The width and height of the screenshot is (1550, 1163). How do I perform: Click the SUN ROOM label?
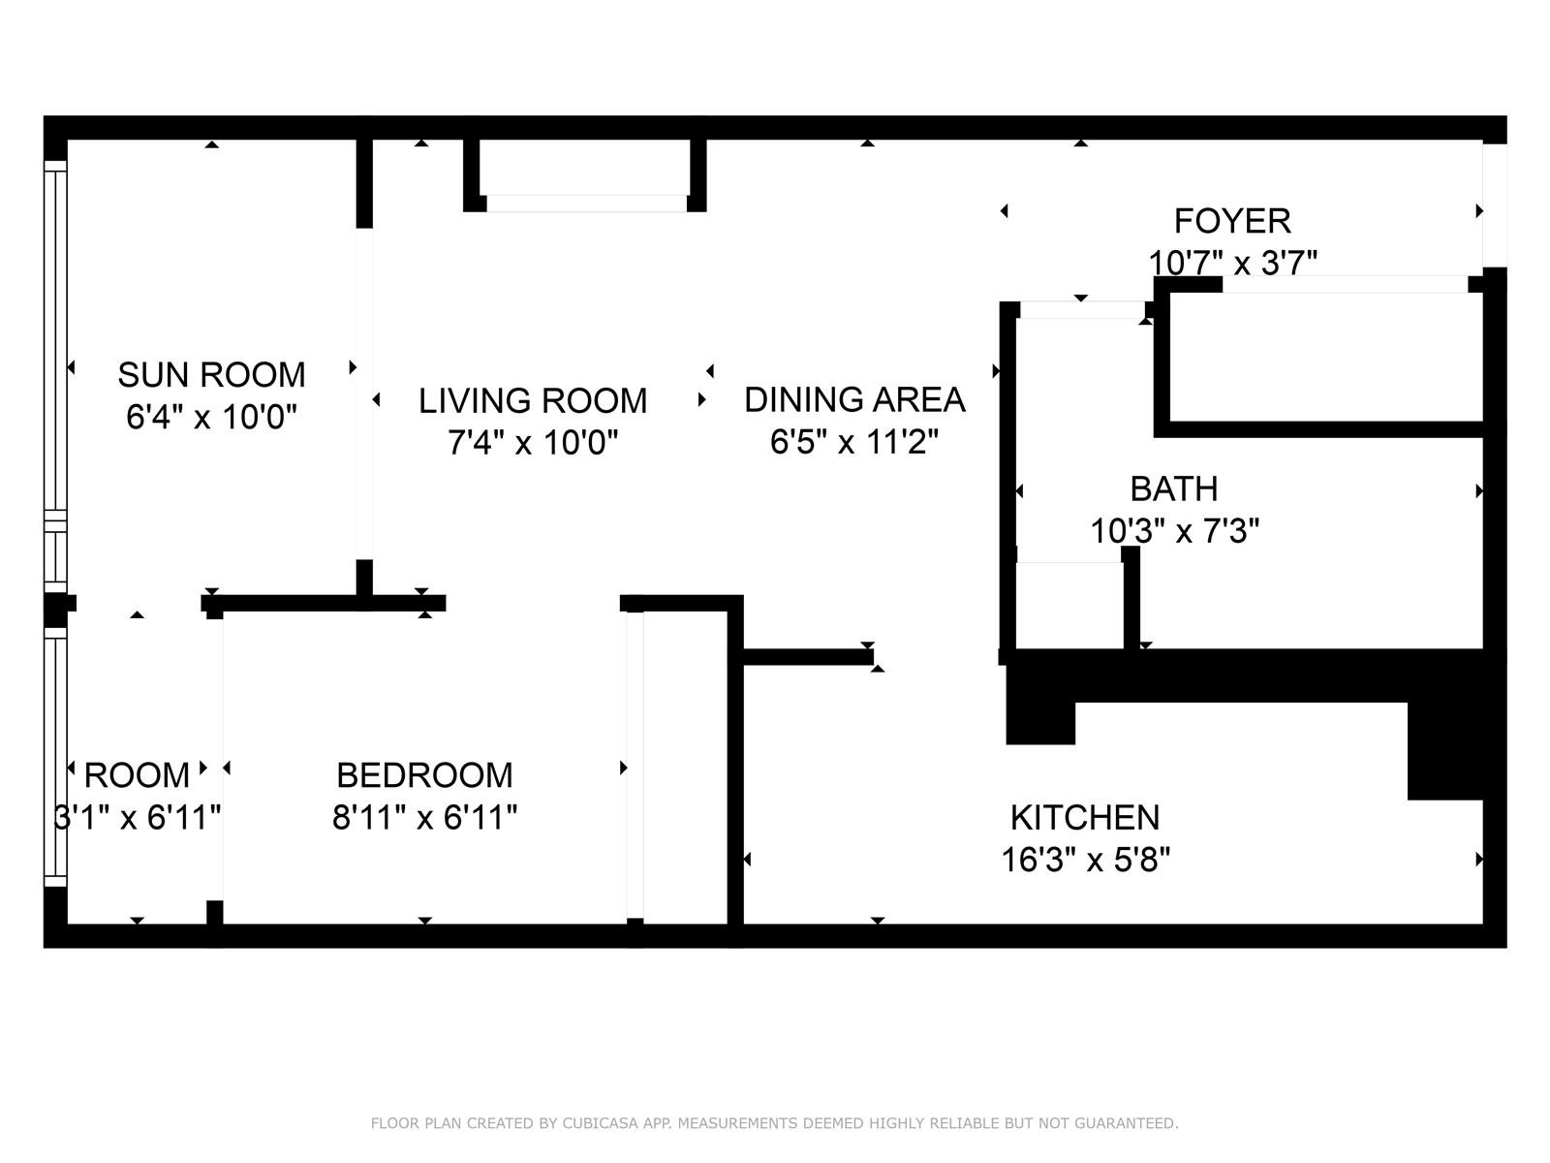(211, 374)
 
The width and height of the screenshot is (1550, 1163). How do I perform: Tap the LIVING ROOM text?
(533, 400)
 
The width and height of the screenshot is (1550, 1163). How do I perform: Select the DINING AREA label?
(854, 399)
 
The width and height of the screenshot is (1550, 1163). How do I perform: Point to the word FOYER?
(1232, 221)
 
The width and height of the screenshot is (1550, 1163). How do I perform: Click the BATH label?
(1173, 488)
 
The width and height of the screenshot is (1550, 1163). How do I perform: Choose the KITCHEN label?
(1085, 818)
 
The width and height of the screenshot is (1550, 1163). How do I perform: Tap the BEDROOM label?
(424, 775)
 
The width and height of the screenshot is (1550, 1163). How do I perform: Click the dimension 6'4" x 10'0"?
(211, 417)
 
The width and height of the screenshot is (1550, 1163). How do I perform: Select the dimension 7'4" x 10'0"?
(533, 443)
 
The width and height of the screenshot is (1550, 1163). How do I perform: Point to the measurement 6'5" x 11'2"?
(854, 442)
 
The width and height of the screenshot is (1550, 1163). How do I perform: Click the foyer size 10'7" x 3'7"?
(1232, 264)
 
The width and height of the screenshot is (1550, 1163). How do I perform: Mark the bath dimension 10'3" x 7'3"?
(1173, 531)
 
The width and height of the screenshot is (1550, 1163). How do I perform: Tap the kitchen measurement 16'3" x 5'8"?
(1085, 860)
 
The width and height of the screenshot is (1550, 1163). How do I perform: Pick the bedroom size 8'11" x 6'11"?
(424, 818)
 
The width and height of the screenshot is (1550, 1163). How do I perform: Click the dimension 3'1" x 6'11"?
(137, 818)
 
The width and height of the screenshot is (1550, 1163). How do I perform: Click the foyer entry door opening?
(1494, 205)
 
